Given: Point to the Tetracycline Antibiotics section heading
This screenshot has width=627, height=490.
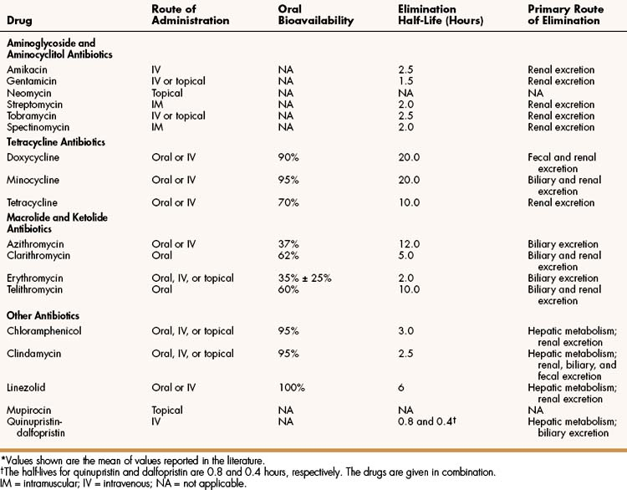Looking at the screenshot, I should click(56, 142).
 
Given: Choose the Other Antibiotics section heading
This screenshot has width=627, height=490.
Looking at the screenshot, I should click(43, 315).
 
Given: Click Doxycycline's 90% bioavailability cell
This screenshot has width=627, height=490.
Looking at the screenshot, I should click(289, 157).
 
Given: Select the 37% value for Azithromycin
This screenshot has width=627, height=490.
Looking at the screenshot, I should click(289, 243).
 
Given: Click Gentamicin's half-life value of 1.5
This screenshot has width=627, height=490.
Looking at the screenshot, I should click(407, 81).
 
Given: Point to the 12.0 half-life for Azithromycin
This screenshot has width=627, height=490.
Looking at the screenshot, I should click(410, 243).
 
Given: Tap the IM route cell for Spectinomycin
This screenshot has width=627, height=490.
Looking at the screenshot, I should click(189, 127).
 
